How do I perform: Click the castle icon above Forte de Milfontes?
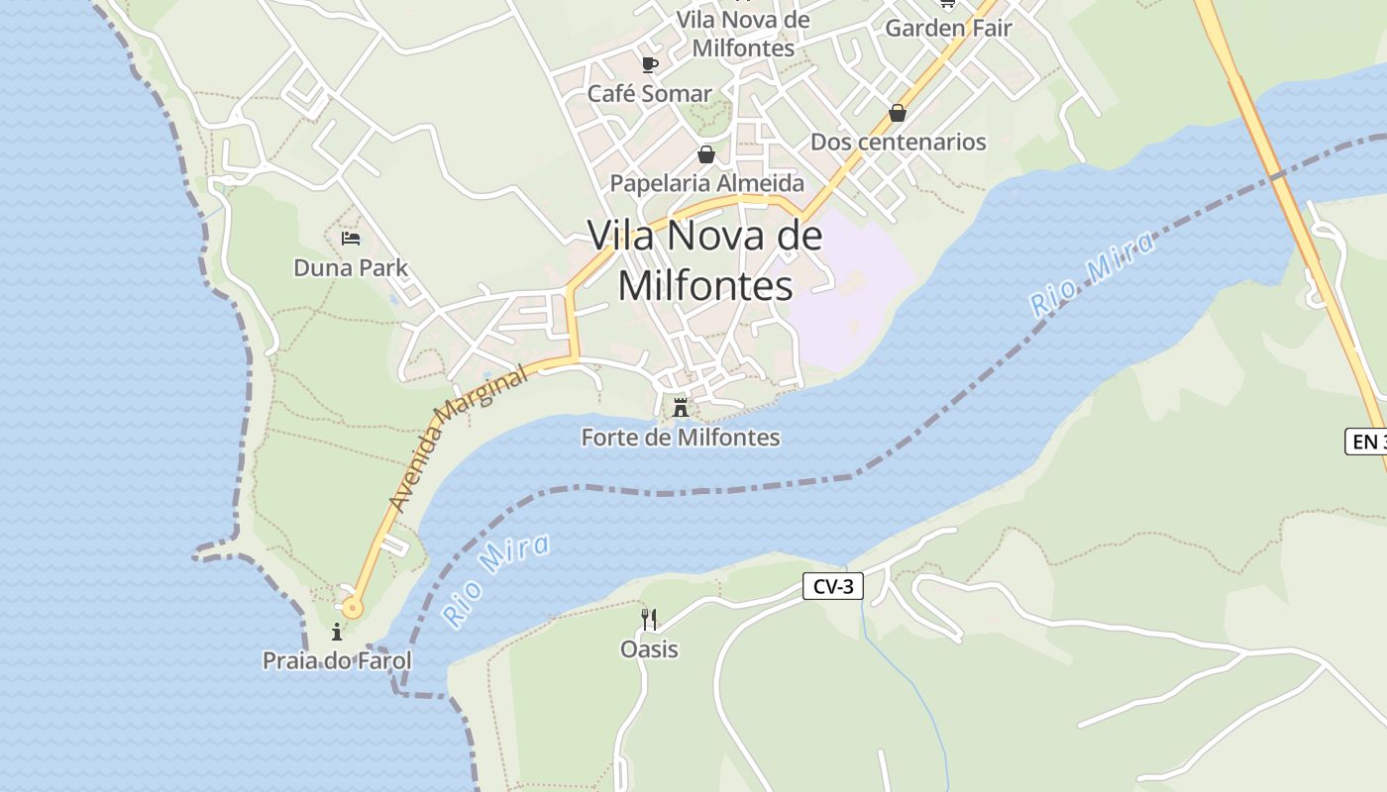681,407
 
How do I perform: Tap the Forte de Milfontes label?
681,437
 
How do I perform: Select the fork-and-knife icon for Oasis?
649,620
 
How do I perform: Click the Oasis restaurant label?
649,649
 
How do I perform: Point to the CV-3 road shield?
832,587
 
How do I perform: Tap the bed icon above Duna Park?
351,239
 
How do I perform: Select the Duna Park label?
351,267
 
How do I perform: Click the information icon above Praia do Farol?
337,632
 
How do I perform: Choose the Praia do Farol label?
337,660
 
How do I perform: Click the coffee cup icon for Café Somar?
649,65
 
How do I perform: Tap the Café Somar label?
649,94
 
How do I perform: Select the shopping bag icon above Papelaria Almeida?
706,154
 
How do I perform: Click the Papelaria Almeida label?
706,183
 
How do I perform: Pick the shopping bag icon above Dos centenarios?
898,113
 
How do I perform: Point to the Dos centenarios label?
898,142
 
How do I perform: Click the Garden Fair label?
948,28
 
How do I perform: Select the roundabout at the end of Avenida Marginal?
353,608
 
